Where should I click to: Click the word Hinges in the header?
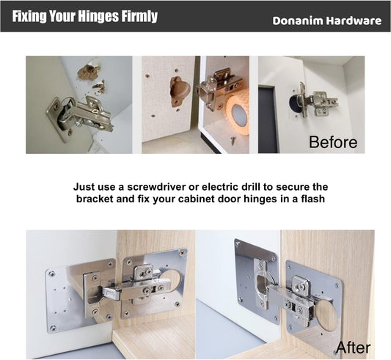coord(98,16)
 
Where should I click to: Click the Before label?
coord(333,142)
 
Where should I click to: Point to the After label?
coord(353,348)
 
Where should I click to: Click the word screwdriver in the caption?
coord(156,187)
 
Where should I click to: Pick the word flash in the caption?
coord(313,199)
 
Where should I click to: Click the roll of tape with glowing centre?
coord(238,112)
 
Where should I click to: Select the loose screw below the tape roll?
coord(233,140)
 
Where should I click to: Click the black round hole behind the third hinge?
coord(295,103)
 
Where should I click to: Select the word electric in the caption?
coord(218,187)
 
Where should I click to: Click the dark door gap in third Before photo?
coord(267,120)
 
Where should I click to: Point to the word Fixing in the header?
coord(29,16)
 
